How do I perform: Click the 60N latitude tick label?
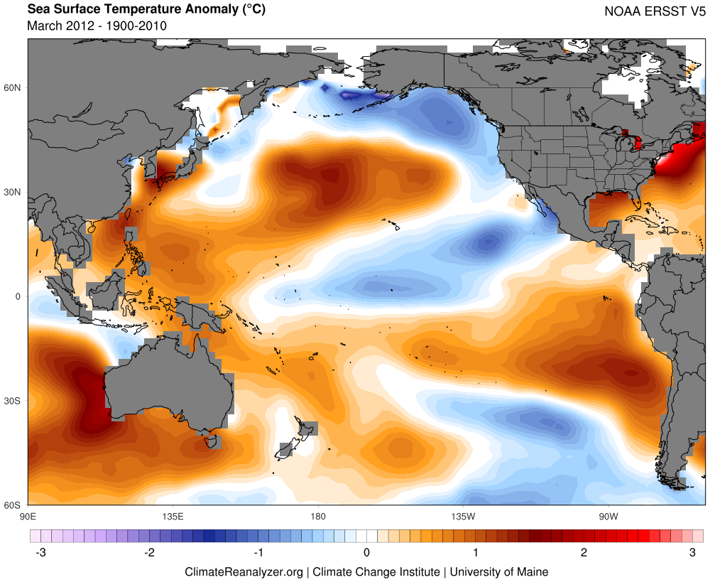[x=12, y=87]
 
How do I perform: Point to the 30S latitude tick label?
[x=12, y=401]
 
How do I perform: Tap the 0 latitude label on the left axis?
[x=18, y=296]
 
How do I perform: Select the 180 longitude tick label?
[x=318, y=517]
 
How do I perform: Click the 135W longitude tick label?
[x=463, y=517]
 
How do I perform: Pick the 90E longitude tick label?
[x=28, y=517]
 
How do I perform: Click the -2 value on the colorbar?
[x=149, y=553]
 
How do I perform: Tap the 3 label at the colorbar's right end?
[x=692, y=553]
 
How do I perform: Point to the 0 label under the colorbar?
[x=366, y=553]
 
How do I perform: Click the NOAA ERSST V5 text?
[x=655, y=11]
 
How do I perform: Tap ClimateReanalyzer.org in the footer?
[x=244, y=572]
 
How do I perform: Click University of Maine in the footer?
[x=499, y=572]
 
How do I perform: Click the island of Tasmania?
[x=212, y=441]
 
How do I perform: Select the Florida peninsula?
[x=637, y=204]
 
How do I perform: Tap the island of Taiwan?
[x=127, y=213]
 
